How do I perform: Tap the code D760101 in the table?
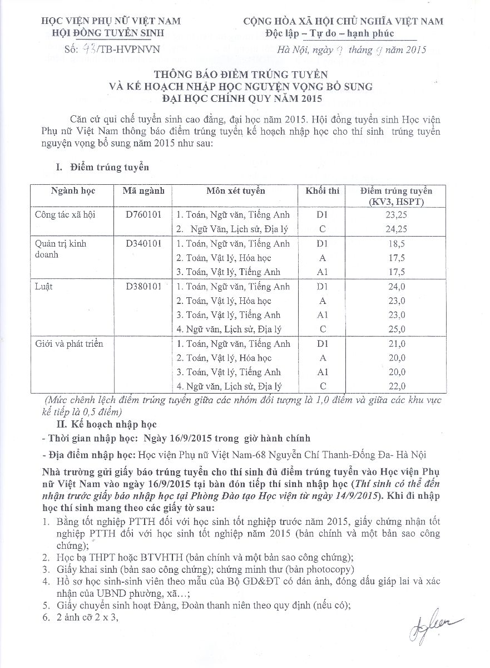[x=143, y=214]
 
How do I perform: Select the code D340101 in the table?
[x=143, y=243]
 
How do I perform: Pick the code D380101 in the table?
[x=143, y=287]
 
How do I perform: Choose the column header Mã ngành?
[x=143, y=191]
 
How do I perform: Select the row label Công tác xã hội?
[x=65, y=214]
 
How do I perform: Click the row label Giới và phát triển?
[x=69, y=344]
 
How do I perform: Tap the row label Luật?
[x=44, y=287]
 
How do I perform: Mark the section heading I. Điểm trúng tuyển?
[x=102, y=166]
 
